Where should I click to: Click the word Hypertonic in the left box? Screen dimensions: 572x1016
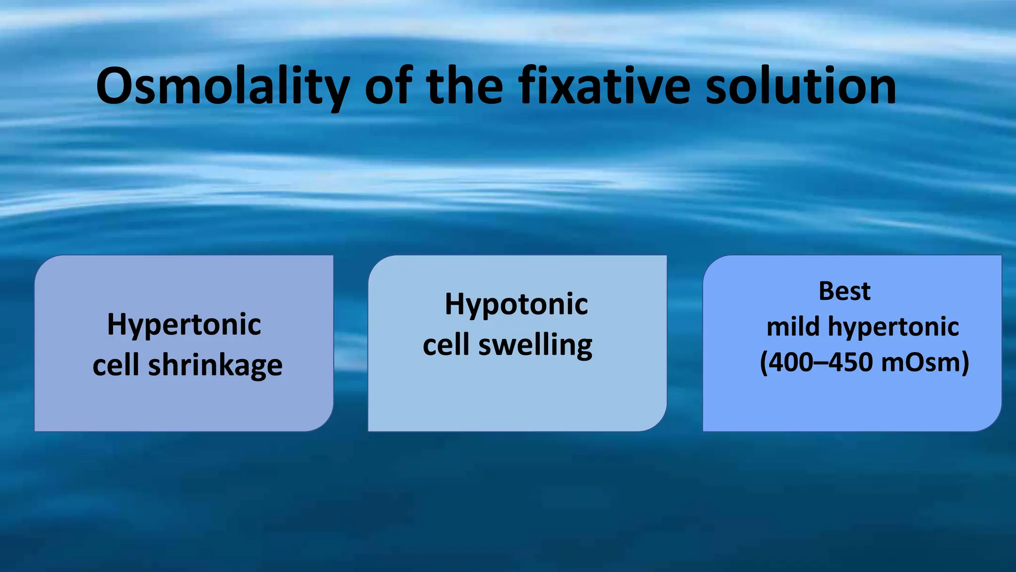184,325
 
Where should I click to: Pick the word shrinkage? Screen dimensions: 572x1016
215,365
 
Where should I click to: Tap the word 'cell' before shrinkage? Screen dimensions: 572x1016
116,365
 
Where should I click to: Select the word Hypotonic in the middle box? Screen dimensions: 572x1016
516,304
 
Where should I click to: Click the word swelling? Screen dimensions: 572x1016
535,345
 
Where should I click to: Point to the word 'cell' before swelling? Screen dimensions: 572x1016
445,345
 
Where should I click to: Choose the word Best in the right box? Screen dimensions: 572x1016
844,291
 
